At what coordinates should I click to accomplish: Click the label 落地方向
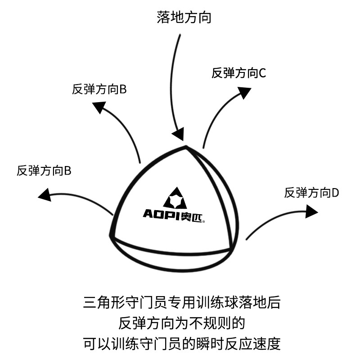click(184, 18)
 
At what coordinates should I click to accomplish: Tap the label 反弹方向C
click(238, 72)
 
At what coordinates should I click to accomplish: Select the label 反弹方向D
click(311, 193)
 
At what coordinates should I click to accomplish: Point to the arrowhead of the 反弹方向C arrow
click(244, 92)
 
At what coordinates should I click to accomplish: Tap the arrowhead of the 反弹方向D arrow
click(311, 211)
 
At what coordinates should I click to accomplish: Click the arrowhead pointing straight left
click(45, 195)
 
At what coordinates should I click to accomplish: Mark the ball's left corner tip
click(111, 234)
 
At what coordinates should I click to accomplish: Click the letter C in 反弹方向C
click(262, 72)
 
